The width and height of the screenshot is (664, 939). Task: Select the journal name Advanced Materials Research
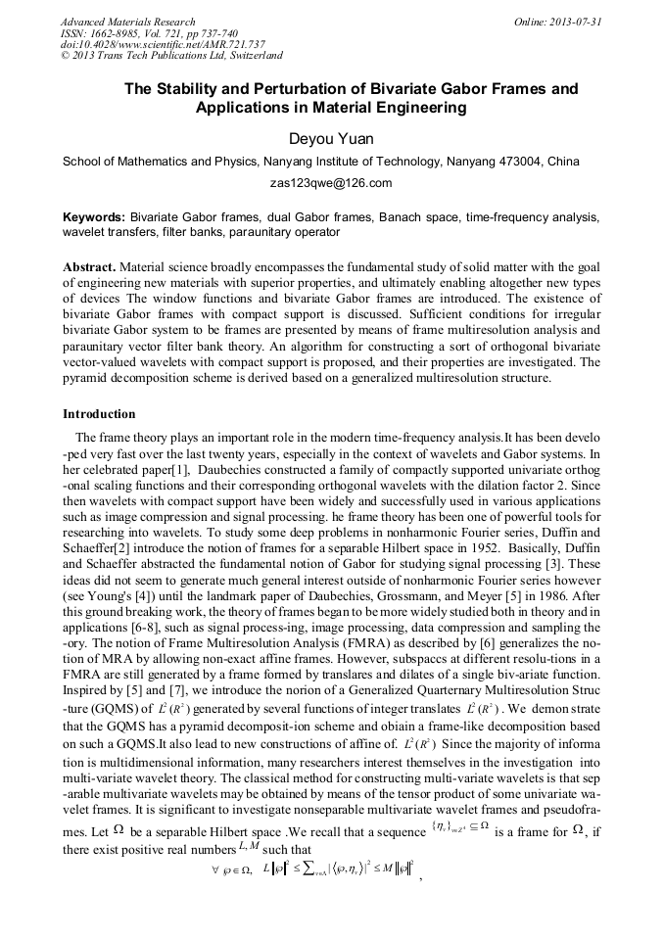(127, 22)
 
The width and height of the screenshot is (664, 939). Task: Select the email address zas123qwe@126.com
(331, 182)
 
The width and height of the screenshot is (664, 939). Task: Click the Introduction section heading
(99, 414)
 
